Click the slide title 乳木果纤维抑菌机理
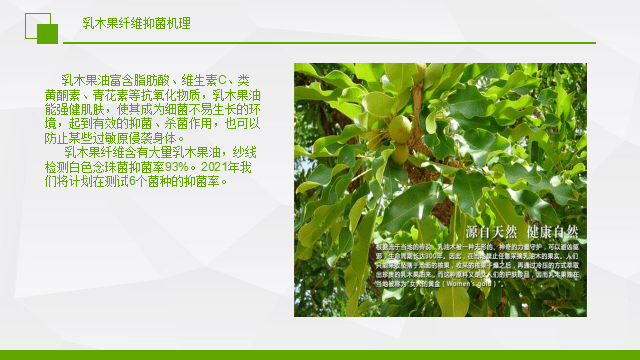[x=136, y=22]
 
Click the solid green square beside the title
[x=47, y=33]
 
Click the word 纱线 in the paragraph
[x=244, y=152]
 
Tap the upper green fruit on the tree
[x=399, y=128]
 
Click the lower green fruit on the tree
[x=400, y=152]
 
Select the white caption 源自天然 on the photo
[x=412, y=232]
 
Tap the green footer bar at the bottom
[x=320, y=354]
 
